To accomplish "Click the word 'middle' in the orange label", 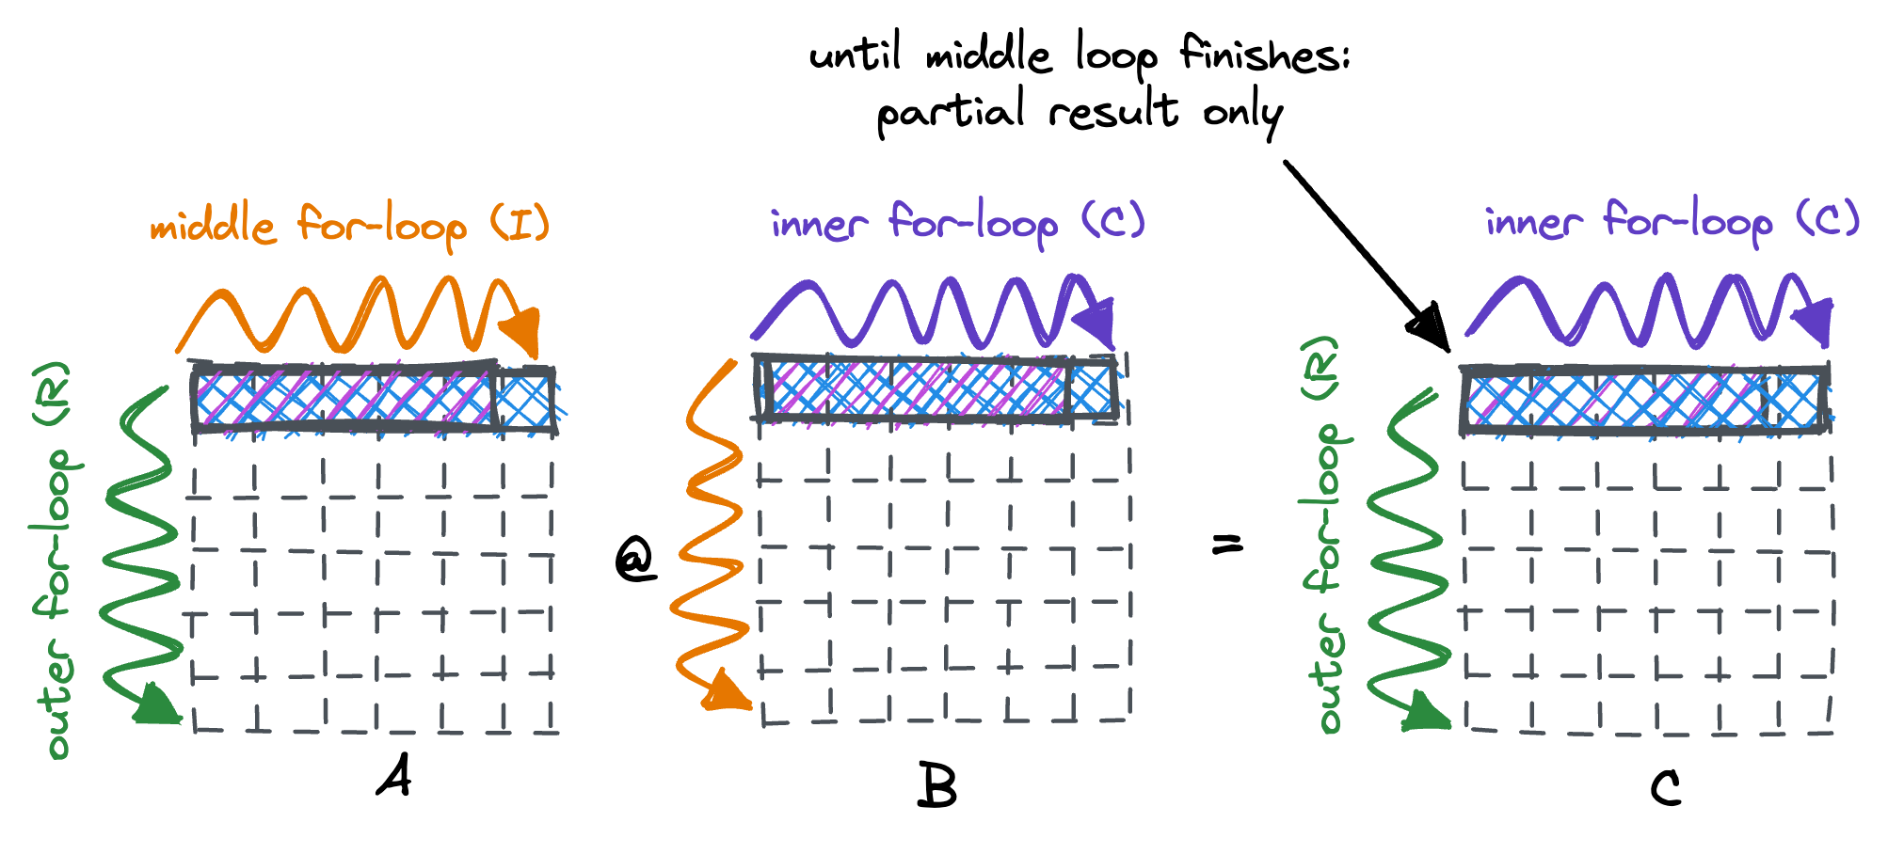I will click(213, 226).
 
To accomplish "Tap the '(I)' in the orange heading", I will click(520, 224).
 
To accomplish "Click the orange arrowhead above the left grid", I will click(522, 331).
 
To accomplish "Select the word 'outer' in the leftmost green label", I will click(58, 698).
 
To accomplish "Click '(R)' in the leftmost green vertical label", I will click(53, 391).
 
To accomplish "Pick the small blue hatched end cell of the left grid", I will click(524, 401).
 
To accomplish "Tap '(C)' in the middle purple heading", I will click(1113, 220).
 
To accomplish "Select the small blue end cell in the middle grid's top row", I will click(1092, 389).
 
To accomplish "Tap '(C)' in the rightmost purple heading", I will click(1829, 219).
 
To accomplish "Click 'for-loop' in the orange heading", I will click(381, 226).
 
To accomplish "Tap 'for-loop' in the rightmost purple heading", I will click(1688, 222).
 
